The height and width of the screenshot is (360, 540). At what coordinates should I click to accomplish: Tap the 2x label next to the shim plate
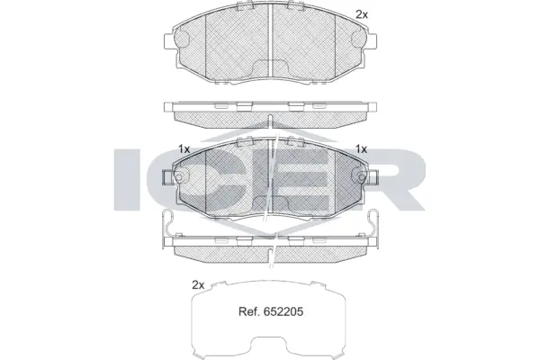(x=199, y=284)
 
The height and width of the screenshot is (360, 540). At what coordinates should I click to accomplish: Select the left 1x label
(x=184, y=148)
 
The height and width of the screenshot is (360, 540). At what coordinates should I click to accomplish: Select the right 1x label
(x=363, y=148)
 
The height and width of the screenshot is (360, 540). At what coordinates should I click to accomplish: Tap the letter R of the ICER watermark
(x=400, y=180)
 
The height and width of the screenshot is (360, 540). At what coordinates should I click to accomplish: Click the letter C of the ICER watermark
(x=193, y=180)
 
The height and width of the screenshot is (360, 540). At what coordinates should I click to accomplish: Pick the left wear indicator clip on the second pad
(x=170, y=178)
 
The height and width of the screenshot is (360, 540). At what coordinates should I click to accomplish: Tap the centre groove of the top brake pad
(x=272, y=45)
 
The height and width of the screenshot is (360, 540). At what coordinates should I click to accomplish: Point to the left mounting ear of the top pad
(x=169, y=42)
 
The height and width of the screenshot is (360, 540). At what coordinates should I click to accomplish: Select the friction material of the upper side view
(x=270, y=117)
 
